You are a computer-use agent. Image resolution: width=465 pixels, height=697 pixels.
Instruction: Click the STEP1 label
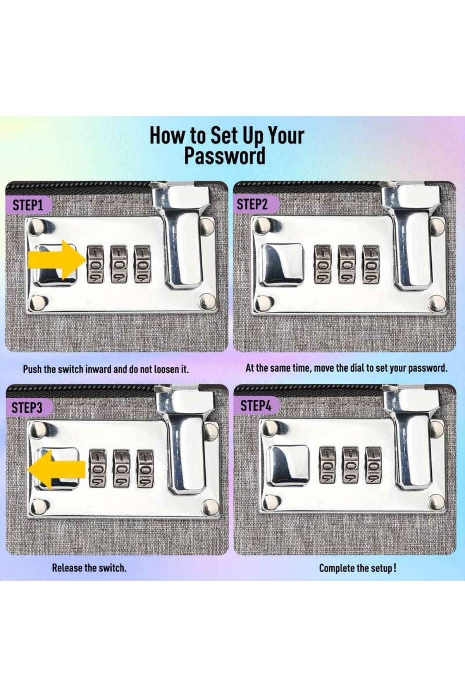coord(28,205)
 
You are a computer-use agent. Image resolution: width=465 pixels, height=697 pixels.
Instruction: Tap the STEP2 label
coord(252,204)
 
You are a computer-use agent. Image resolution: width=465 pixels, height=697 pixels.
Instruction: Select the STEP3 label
coord(27,408)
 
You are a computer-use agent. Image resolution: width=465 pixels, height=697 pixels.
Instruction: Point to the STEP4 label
coord(256,406)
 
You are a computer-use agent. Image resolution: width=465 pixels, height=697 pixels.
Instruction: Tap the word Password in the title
coord(225,156)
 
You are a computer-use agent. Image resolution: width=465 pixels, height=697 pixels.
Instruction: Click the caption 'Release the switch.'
coord(90,568)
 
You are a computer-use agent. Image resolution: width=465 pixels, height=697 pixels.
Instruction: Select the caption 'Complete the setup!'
coord(358,568)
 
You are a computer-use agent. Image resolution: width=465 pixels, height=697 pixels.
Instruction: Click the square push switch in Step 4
coord(289,464)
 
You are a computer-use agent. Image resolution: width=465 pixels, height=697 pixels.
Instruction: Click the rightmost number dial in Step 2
coord(371,264)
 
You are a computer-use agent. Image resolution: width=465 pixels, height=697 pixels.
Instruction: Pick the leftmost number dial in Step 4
coord(328,465)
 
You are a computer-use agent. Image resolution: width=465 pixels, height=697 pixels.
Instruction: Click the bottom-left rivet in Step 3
coord(39,506)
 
